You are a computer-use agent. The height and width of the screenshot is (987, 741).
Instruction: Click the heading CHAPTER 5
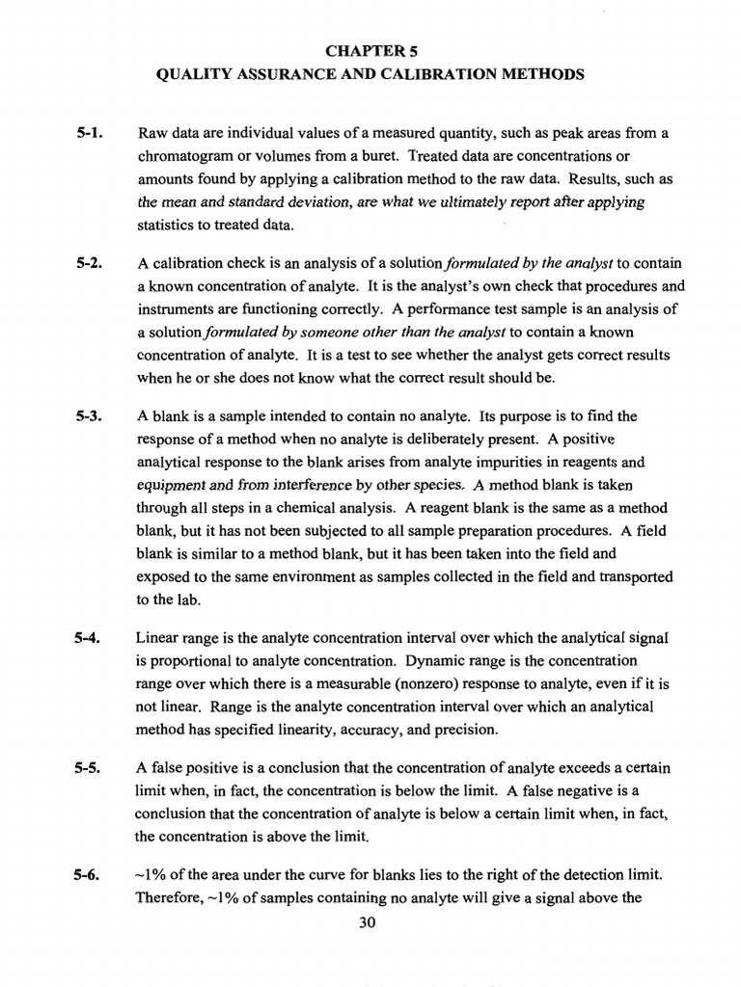pyautogui.click(x=371, y=49)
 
